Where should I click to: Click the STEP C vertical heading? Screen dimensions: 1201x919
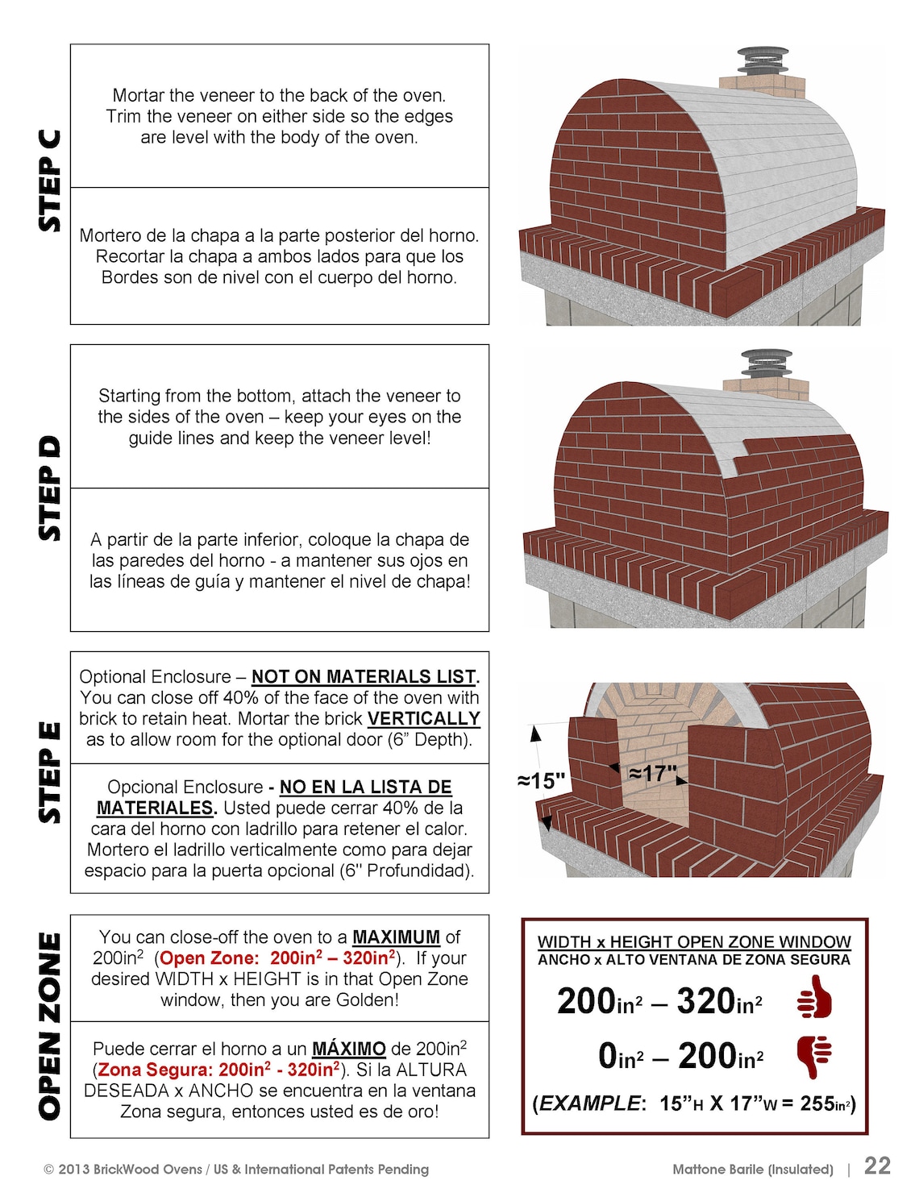(x=50, y=181)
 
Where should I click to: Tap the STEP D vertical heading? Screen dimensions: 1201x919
(x=50, y=488)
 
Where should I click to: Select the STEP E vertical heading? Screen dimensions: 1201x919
(x=50, y=772)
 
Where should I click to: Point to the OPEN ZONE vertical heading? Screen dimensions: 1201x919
(x=50, y=1026)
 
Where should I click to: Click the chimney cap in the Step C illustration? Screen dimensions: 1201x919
(x=762, y=60)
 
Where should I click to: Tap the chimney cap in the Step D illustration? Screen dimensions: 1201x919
(x=765, y=364)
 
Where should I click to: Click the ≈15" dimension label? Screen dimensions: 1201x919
(x=541, y=780)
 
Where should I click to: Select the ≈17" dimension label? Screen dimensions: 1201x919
(x=652, y=774)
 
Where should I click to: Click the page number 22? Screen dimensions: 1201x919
(x=877, y=1166)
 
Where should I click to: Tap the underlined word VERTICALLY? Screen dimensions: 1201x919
(x=423, y=718)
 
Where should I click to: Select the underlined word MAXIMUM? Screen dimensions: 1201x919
(x=396, y=937)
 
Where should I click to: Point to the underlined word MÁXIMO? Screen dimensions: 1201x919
(x=348, y=1049)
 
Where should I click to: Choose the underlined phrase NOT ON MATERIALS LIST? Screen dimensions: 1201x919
(x=364, y=676)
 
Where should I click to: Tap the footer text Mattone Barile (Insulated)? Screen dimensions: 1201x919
(x=753, y=1169)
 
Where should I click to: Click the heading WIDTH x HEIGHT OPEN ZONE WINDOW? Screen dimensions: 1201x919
(x=694, y=941)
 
